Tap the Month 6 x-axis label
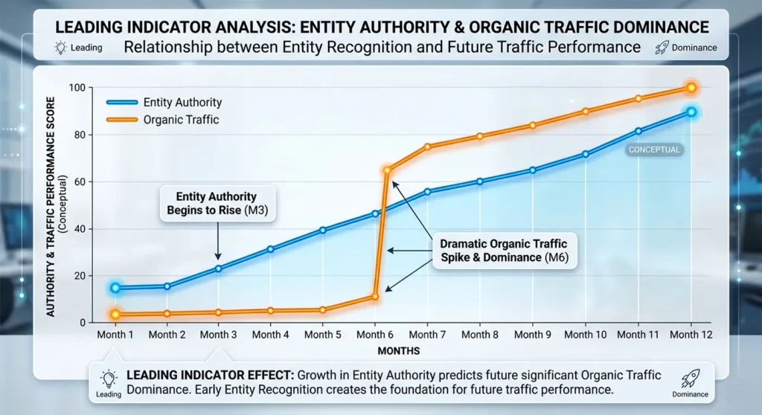[375, 335]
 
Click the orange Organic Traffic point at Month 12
[691, 88]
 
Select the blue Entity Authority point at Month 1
[115, 288]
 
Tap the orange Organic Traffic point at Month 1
[115, 315]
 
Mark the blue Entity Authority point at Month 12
[691, 112]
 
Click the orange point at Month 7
[427, 147]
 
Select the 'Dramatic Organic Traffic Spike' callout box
[503, 250]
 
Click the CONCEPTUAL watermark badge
[654, 149]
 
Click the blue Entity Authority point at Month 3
[219, 268]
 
